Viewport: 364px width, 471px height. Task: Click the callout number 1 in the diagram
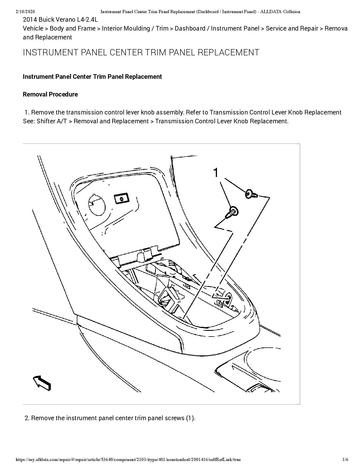pos(216,173)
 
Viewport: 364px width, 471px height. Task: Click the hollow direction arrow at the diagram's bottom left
pos(42,383)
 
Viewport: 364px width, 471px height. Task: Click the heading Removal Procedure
pos(50,94)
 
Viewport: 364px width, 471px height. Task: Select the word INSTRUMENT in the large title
pos(51,53)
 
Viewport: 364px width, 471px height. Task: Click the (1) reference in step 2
pos(190,418)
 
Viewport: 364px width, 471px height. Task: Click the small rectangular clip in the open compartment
pos(121,198)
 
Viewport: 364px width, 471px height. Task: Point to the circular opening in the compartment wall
pos(96,204)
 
